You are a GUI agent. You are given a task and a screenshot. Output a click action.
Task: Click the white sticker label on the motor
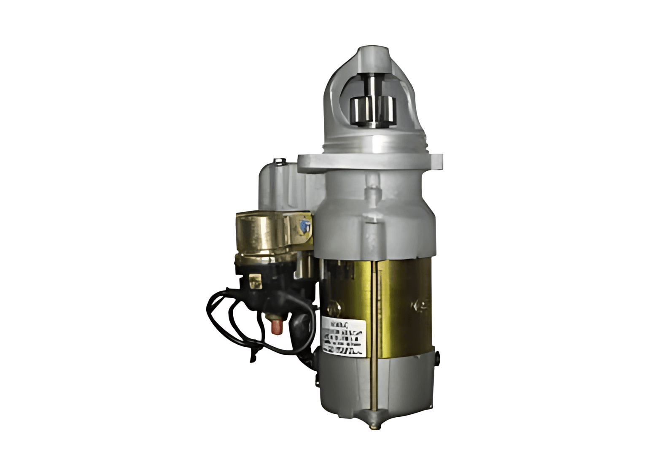click(343, 335)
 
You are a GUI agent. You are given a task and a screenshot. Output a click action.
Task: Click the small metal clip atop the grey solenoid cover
click(279, 161)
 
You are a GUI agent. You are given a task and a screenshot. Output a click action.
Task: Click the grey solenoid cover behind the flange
click(278, 186)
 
